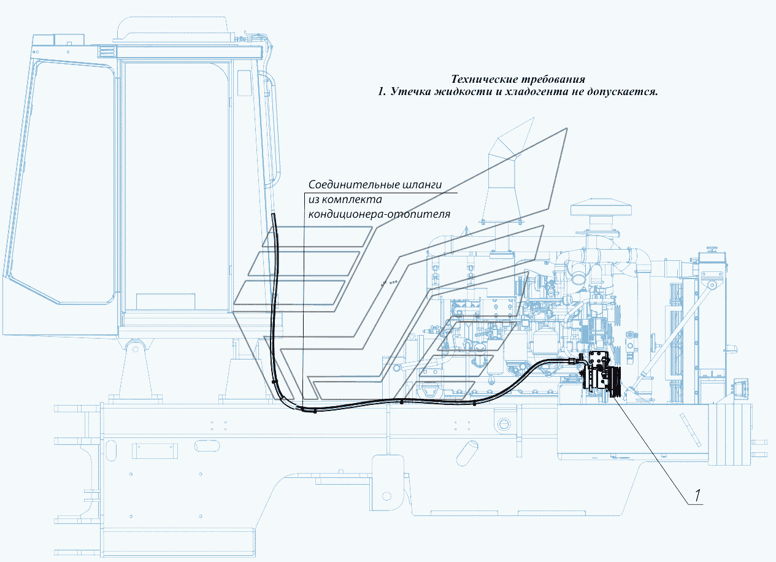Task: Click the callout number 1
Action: [697, 496]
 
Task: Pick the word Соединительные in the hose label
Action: [354, 185]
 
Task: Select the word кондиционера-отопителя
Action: [379, 214]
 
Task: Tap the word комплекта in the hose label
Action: [352, 199]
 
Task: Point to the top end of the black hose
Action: [273, 215]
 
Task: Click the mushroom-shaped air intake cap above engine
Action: [601, 207]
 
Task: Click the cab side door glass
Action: [176, 187]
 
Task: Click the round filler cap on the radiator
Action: [712, 250]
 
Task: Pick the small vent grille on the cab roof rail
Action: [105, 52]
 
